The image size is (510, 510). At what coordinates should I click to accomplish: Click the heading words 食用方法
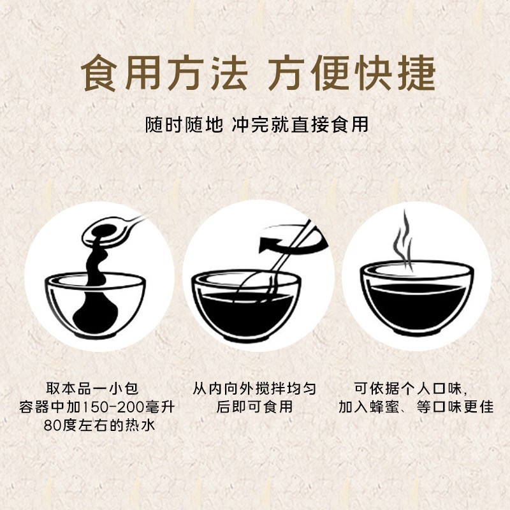click(164, 75)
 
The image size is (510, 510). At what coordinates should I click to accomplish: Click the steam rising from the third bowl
click(402, 239)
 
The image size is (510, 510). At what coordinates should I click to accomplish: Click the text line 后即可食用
click(254, 407)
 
